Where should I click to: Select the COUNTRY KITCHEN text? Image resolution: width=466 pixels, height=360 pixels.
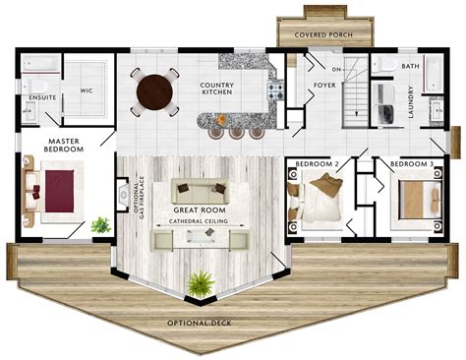[x=216, y=89]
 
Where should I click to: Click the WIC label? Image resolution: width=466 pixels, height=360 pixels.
[x=86, y=90]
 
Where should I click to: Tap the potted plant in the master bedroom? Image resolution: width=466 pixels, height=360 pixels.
[x=99, y=225]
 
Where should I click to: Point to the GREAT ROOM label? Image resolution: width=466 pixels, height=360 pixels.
[x=200, y=210]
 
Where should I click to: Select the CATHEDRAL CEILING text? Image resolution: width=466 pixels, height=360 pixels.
[x=200, y=221]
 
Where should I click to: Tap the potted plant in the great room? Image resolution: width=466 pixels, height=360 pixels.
[x=201, y=283]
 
